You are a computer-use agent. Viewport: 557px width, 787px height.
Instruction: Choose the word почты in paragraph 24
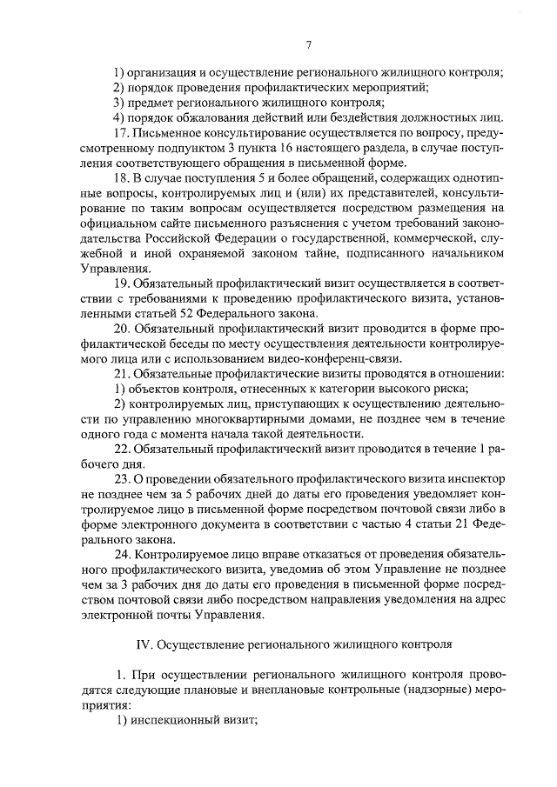167,613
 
